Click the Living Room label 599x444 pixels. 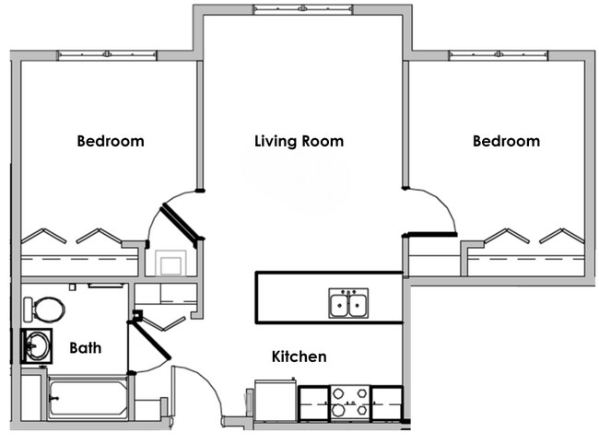coord(299,141)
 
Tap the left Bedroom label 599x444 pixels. coord(111,141)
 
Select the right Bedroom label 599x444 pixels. coord(506,141)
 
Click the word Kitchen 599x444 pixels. coord(299,356)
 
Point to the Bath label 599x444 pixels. coord(86,348)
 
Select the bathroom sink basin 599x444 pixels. coord(38,345)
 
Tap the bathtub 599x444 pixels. coord(87,398)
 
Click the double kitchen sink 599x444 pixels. coord(349,303)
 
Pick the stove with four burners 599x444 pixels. coord(351,402)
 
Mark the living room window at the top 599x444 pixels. coord(302,9)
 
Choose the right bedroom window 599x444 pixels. coord(498,55)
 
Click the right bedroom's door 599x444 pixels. coord(431,234)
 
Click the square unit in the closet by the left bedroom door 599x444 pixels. coord(171,264)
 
